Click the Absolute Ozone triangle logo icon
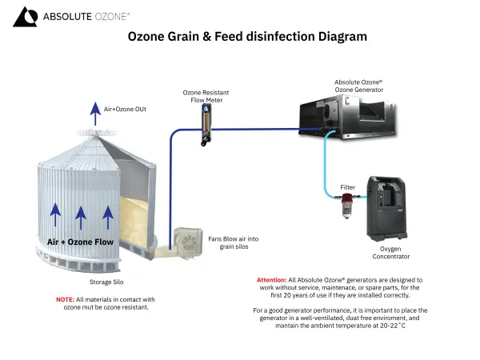pos(25,16)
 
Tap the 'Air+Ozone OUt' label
pos(125,108)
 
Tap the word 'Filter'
pos(347,187)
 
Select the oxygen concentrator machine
pos(389,209)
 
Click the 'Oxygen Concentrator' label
pos(390,253)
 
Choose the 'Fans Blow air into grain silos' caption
pos(233,242)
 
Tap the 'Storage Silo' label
pos(106,282)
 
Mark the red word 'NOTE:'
pos(65,299)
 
